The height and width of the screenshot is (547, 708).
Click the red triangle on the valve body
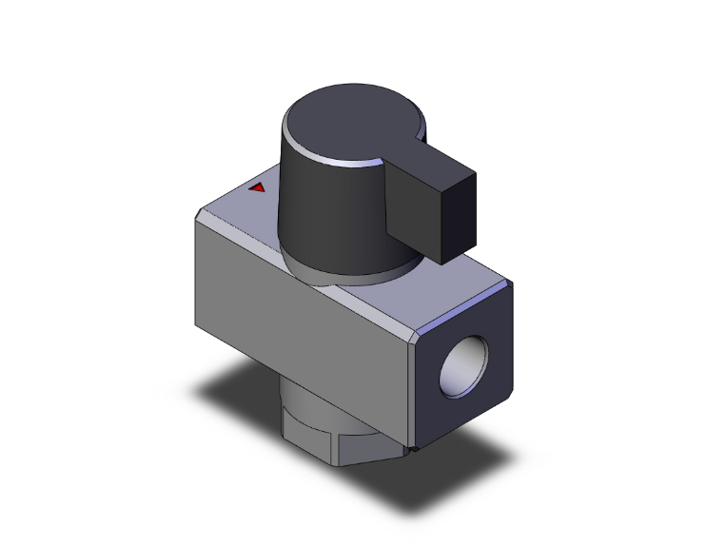pyautogui.click(x=256, y=187)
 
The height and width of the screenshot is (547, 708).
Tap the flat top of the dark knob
pyautogui.click(x=338, y=124)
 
